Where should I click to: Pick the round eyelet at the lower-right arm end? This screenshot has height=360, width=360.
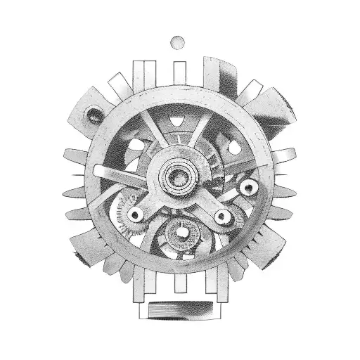click(x=224, y=215)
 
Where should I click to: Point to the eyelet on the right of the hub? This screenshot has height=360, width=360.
click(x=247, y=188)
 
